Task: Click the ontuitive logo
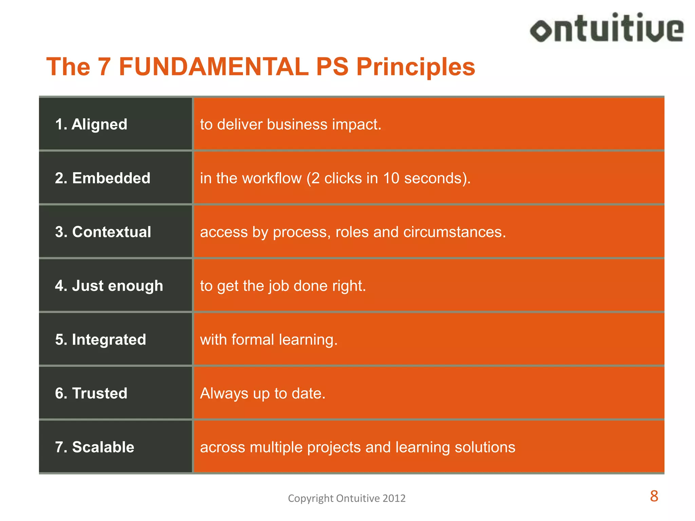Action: pos(607,28)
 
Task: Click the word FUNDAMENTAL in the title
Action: pos(213,66)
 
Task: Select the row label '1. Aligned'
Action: pos(91,124)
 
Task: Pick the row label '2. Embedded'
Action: pos(102,178)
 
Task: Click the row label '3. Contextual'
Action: pos(103,232)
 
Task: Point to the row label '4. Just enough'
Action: pos(109,286)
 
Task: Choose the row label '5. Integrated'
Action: pos(100,340)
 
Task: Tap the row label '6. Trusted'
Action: pos(91,393)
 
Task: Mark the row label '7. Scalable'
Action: pos(94,447)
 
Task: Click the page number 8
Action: pos(654,496)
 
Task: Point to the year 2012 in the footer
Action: pos(394,498)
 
